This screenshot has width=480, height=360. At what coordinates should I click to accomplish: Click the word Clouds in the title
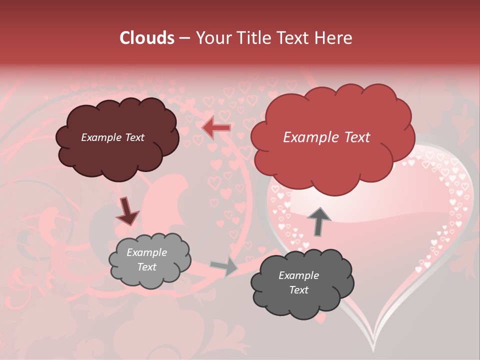tap(147, 38)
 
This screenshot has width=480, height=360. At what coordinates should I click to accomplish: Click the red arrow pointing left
tap(216, 128)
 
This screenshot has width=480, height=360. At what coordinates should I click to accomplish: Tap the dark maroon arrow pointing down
tap(127, 211)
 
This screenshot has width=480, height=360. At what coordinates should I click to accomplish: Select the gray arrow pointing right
tap(224, 266)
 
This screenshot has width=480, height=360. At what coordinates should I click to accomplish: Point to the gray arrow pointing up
tap(318, 221)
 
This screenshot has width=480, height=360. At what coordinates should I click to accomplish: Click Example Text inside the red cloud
tap(326, 137)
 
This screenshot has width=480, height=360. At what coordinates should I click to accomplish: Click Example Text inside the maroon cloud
tap(112, 137)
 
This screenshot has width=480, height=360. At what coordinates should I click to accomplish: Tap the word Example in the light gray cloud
tap(146, 252)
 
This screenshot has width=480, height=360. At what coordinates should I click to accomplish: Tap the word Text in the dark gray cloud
tap(298, 290)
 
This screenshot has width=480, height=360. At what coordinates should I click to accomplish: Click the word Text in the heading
tap(294, 38)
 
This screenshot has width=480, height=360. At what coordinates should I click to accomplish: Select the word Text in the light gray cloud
tap(146, 267)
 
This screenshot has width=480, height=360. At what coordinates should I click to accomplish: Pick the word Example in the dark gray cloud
tap(298, 275)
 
